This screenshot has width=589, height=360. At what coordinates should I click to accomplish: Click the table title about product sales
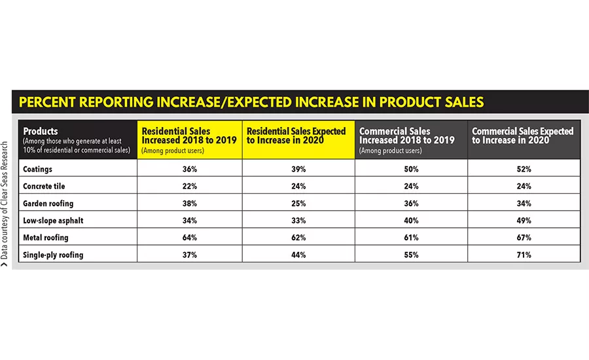[x=251, y=102]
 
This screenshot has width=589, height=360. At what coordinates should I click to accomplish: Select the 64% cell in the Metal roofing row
[x=190, y=237]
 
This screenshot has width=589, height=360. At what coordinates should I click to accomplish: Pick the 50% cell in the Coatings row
[x=411, y=169]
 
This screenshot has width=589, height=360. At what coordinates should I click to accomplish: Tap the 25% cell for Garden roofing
[x=299, y=203]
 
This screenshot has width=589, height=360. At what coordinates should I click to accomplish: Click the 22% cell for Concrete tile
[x=190, y=186]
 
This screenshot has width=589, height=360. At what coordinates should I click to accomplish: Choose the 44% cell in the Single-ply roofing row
[x=299, y=254]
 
